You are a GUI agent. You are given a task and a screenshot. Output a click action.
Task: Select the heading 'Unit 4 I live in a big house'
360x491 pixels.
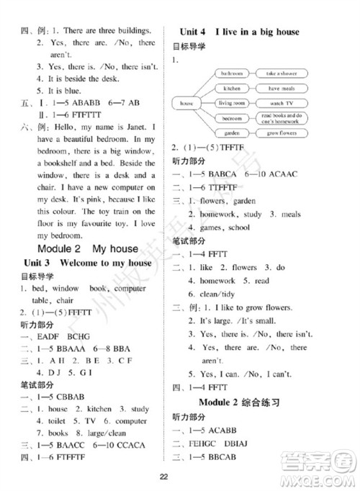tap(238, 32)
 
